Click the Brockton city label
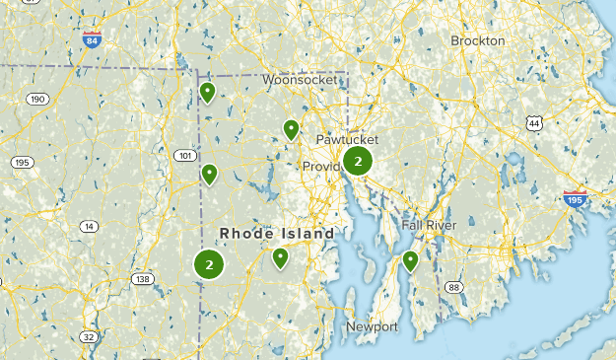[x=477, y=40]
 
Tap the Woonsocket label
[x=294, y=79]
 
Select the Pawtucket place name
[x=347, y=140]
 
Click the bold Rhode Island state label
[x=277, y=233]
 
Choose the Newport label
[x=372, y=326]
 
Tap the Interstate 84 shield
[x=92, y=40]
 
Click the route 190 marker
[x=38, y=99]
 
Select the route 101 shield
[x=184, y=155]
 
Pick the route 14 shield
[x=90, y=226]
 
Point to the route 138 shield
[x=143, y=279]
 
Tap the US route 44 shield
[x=534, y=122]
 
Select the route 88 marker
[x=453, y=287]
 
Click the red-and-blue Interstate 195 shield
[x=576, y=198]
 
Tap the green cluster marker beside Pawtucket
[x=358, y=161]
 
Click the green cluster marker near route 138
[x=209, y=263]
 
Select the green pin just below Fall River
[x=410, y=261]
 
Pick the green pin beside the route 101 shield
[x=209, y=175]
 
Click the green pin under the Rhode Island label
[x=280, y=258]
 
